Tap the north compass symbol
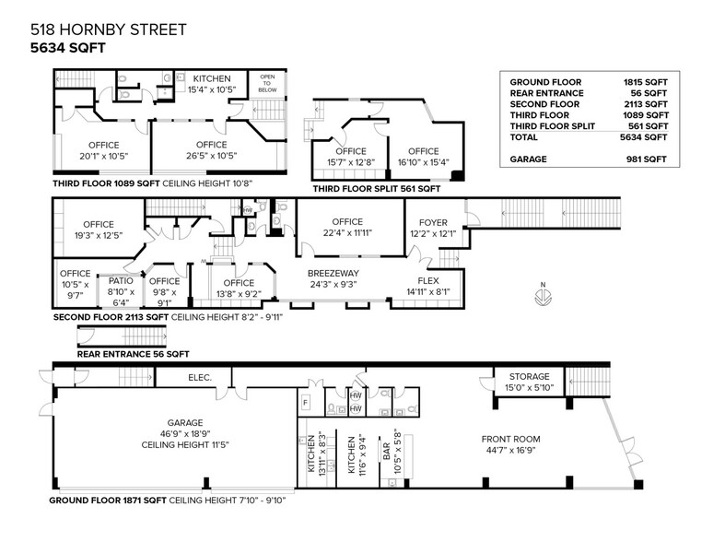click(x=544, y=296)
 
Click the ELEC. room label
click(x=200, y=377)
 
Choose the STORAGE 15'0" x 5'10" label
click(x=527, y=382)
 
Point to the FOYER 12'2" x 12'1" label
click(x=433, y=229)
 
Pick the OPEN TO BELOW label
click(x=268, y=83)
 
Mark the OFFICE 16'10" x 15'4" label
click(x=423, y=157)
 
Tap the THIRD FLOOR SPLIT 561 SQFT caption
click(x=375, y=188)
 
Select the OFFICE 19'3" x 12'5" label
click(x=98, y=230)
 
